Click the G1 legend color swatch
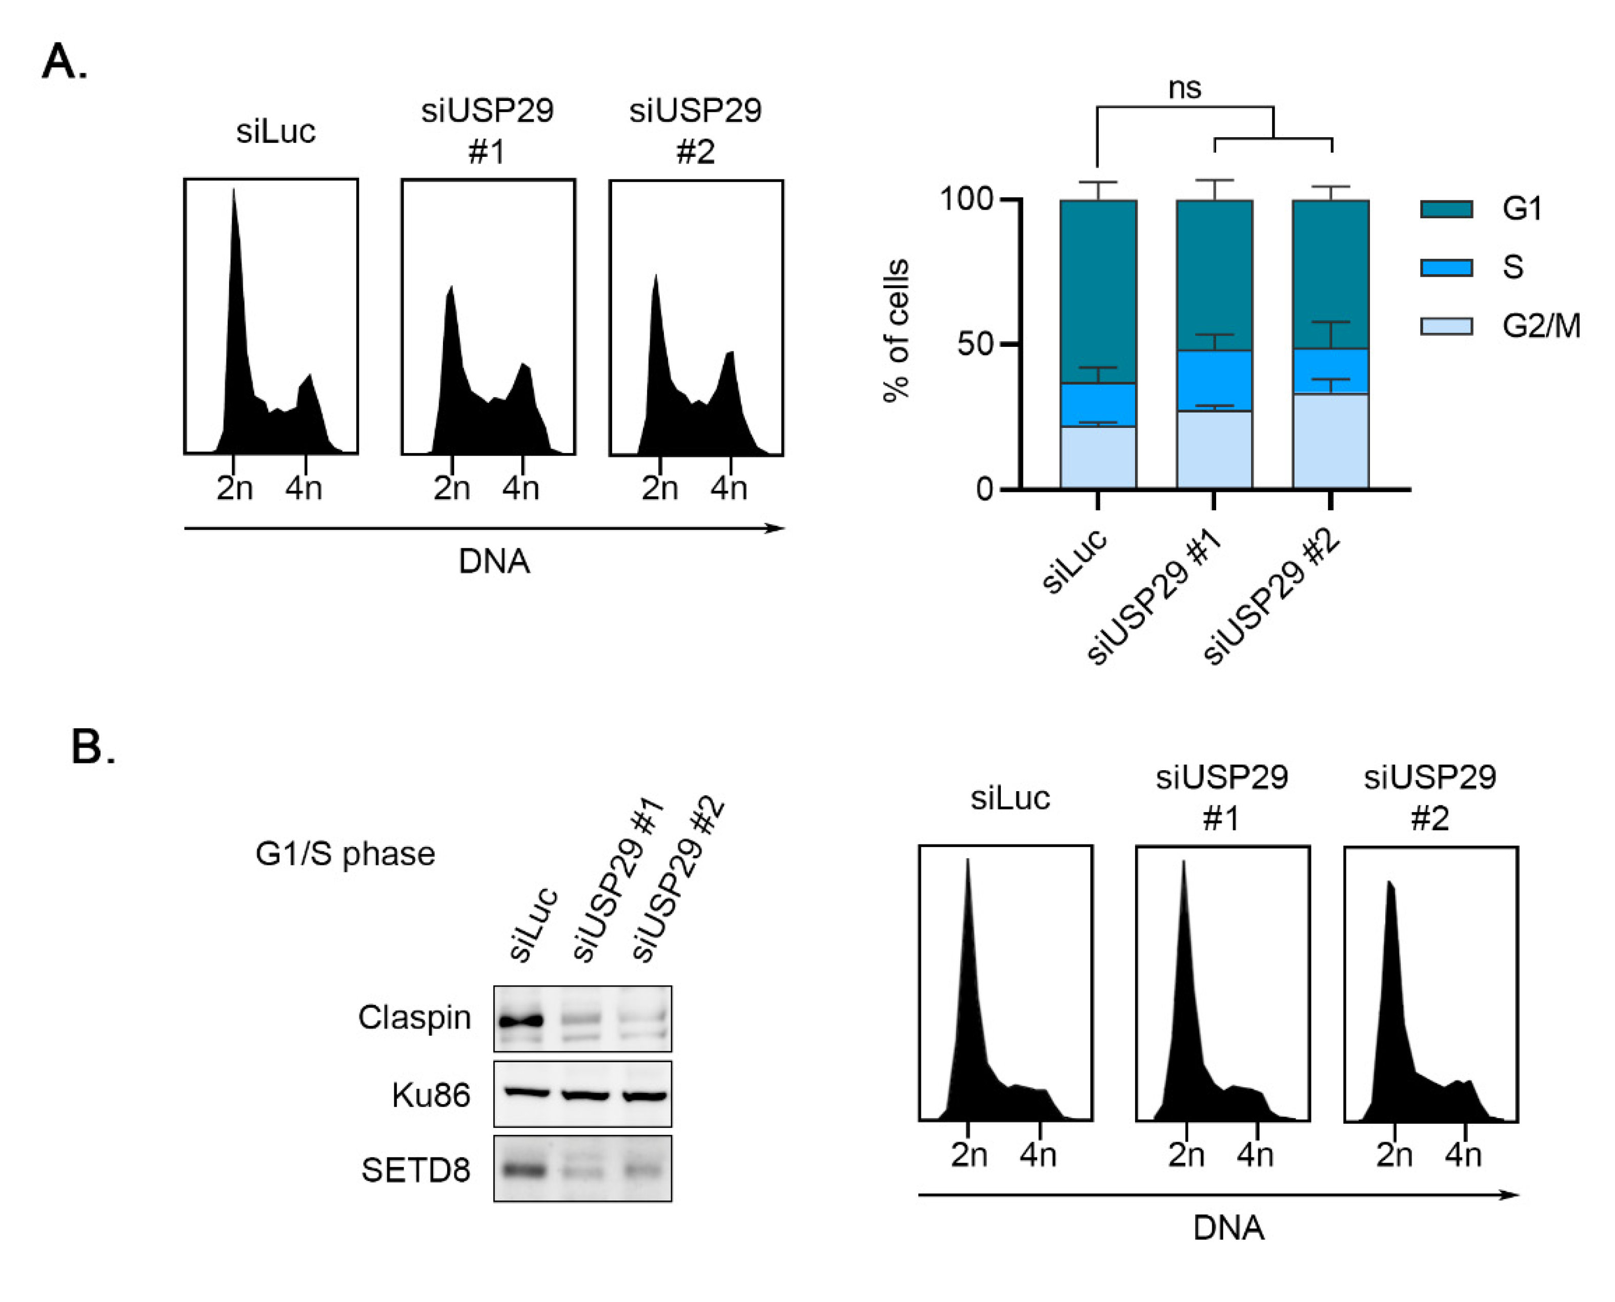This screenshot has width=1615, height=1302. (x=1445, y=209)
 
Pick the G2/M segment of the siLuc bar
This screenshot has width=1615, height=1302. (x=1098, y=458)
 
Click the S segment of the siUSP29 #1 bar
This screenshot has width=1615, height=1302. (x=1214, y=381)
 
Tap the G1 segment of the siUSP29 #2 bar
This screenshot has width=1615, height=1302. (x=1330, y=274)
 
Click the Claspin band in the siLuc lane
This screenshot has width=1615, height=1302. (x=521, y=1021)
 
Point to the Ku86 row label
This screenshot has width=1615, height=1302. (x=431, y=1096)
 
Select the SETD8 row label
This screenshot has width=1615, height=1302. (x=416, y=1170)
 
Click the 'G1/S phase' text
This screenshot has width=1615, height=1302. (x=345, y=854)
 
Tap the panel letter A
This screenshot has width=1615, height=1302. (x=63, y=61)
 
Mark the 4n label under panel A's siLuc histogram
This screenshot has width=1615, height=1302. (x=304, y=489)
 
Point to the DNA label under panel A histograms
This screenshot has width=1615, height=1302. (x=494, y=561)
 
